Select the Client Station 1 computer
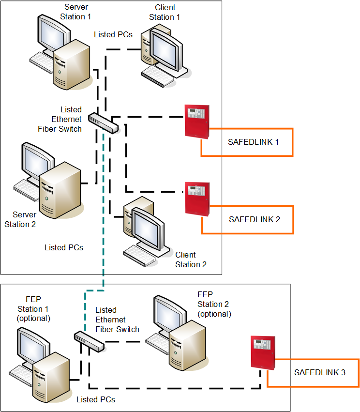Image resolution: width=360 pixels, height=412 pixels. (x=163, y=56)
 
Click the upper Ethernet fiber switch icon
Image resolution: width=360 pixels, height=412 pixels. (x=103, y=122)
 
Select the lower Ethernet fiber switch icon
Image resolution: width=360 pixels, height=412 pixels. (x=89, y=342)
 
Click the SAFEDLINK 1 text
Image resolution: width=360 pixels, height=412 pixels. (x=254, y=142)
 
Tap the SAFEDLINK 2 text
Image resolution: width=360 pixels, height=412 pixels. (x=254, y=219)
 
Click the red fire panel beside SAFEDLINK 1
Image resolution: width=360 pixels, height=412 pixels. (x=197, y=121)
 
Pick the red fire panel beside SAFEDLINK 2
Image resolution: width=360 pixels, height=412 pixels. (x=197, y=198)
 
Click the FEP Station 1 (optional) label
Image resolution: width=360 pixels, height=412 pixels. (x=33, y=309)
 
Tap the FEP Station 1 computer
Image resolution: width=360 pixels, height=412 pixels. (x=41, y=359)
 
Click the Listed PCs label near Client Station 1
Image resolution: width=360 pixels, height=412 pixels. (x=113, y=34)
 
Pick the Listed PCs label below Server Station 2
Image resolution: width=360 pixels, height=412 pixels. (x=64, y=247)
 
